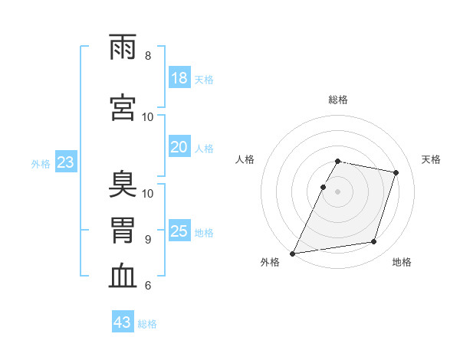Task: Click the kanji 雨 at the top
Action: pyautogui.click(x=123, y=48)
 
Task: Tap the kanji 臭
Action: pyautogui.click(x=123, y=185)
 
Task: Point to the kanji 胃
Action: pyautogui.click(x=123, y=231)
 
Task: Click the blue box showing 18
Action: pyautogui.click(x=179, y=78)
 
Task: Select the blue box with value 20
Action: pyautogui.click(x=179, y=147)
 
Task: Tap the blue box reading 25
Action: pyautogui.click(x=179, y=231)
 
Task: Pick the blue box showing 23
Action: pyautogui.click(x=65, y=162)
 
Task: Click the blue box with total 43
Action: pyautogui.click(x=123, y=322)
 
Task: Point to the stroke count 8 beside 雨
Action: pyautogui.click(x=148, y=56)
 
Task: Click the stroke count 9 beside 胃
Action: pyautogui.click(x=148, y=239)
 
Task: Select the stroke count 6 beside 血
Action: pyautogui.click(x=148, y=286)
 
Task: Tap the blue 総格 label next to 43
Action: pyautogui.click(x=148, y=324)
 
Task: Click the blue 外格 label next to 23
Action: pyautogui.click(x=41, y=163)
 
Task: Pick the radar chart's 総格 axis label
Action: pyautogui.click(x=338, y=100)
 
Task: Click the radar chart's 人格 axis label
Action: pyautogui.click(x=245, y=159)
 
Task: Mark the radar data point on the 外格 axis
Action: pyautogui.click(x=293, y=253)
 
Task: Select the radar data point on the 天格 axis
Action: pyautogui.click(x=396, y=172)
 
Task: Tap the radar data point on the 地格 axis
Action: pyautogui.click(x=374, y=242)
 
